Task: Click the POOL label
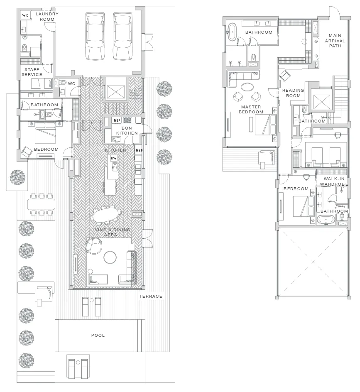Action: click(x=98, y=335)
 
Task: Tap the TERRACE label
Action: click(x=151, y=296)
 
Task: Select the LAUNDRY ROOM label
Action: click(x=47, y=17)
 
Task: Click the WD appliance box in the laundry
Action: click(x=25, y=15)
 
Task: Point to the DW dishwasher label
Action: click(x=114, y=158)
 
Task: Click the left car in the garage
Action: click(x=95, y=37)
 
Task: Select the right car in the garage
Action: click(x=122, y=37)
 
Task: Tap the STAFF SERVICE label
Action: click(x=32, y=72)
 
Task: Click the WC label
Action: click(x=71, y=84)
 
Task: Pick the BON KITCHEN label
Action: click(x=127, y=130)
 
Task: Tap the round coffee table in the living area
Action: click(x=110, y=257)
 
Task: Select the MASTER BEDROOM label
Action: click(x=251, y=110)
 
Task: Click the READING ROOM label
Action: click(x=293, y=93)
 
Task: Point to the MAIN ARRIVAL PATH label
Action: click(x=335, y=41)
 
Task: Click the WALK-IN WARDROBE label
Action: click(x=334, y=181)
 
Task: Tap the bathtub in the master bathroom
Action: click(x=232, y=32)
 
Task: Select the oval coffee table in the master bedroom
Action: click(x=247, y=87)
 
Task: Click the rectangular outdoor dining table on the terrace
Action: click(x=41, y=204)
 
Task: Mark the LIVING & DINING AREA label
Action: click(x=110, y=232)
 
